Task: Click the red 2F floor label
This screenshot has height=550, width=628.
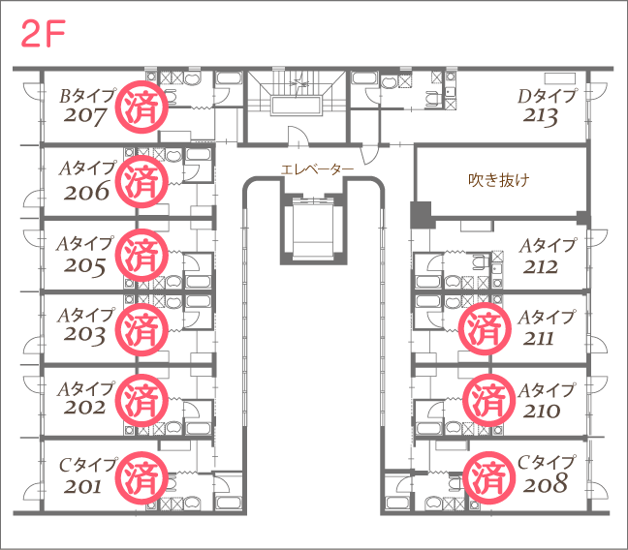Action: tap(43, 34)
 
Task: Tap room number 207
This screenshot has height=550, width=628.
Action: tap(84, 116)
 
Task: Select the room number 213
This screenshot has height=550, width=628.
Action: tap(540, 116)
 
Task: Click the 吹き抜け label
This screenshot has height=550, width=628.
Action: tap(499, 180)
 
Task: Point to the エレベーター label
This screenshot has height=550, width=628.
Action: tap(317, 169)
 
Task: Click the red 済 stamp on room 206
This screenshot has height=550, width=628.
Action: tap(141, 181)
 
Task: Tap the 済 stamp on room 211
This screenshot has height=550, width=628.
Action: tap(485, 328)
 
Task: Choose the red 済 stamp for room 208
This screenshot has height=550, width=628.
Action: tap(489, 478)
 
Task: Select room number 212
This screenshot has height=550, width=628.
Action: tap(540, 267)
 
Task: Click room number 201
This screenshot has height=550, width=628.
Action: tap(82, 487)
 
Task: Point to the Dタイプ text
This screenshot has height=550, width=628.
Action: tap(548, 96)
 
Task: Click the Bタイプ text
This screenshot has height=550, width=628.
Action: tap(88, 96)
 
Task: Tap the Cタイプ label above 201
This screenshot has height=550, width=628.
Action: tap(88, 465)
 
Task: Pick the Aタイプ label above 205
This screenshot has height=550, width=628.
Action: tap(85, 243)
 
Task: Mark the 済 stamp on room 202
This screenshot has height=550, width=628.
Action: tap(141, 400)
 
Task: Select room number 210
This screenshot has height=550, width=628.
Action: tap(542, 412)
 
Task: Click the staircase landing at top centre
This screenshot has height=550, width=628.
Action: tap(297, 106)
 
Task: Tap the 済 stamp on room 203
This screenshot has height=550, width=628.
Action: tap(141, 329)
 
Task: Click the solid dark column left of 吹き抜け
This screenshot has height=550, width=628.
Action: tap(421, 215)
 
